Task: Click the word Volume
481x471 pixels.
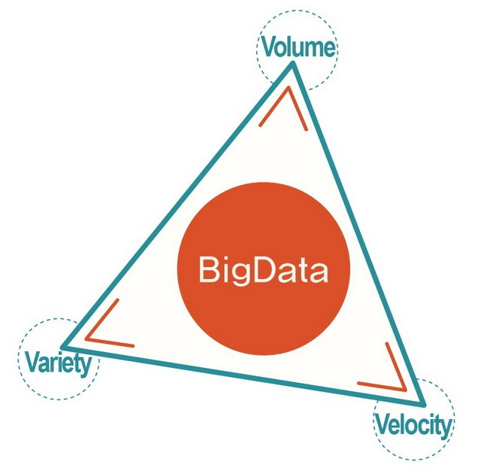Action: click(298, 48)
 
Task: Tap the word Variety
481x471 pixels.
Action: click(58, 363)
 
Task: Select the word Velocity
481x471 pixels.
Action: click(413, 426)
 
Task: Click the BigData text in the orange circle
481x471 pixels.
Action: click(263, 270)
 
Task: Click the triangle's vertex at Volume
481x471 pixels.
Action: click(293, 65)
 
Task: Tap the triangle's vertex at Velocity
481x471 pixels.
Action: click(423, 402)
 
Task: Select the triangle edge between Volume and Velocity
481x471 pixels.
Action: click(358, 232)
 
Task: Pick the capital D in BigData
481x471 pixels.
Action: click(260, 269)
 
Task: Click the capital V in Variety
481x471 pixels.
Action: click(32, 363)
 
